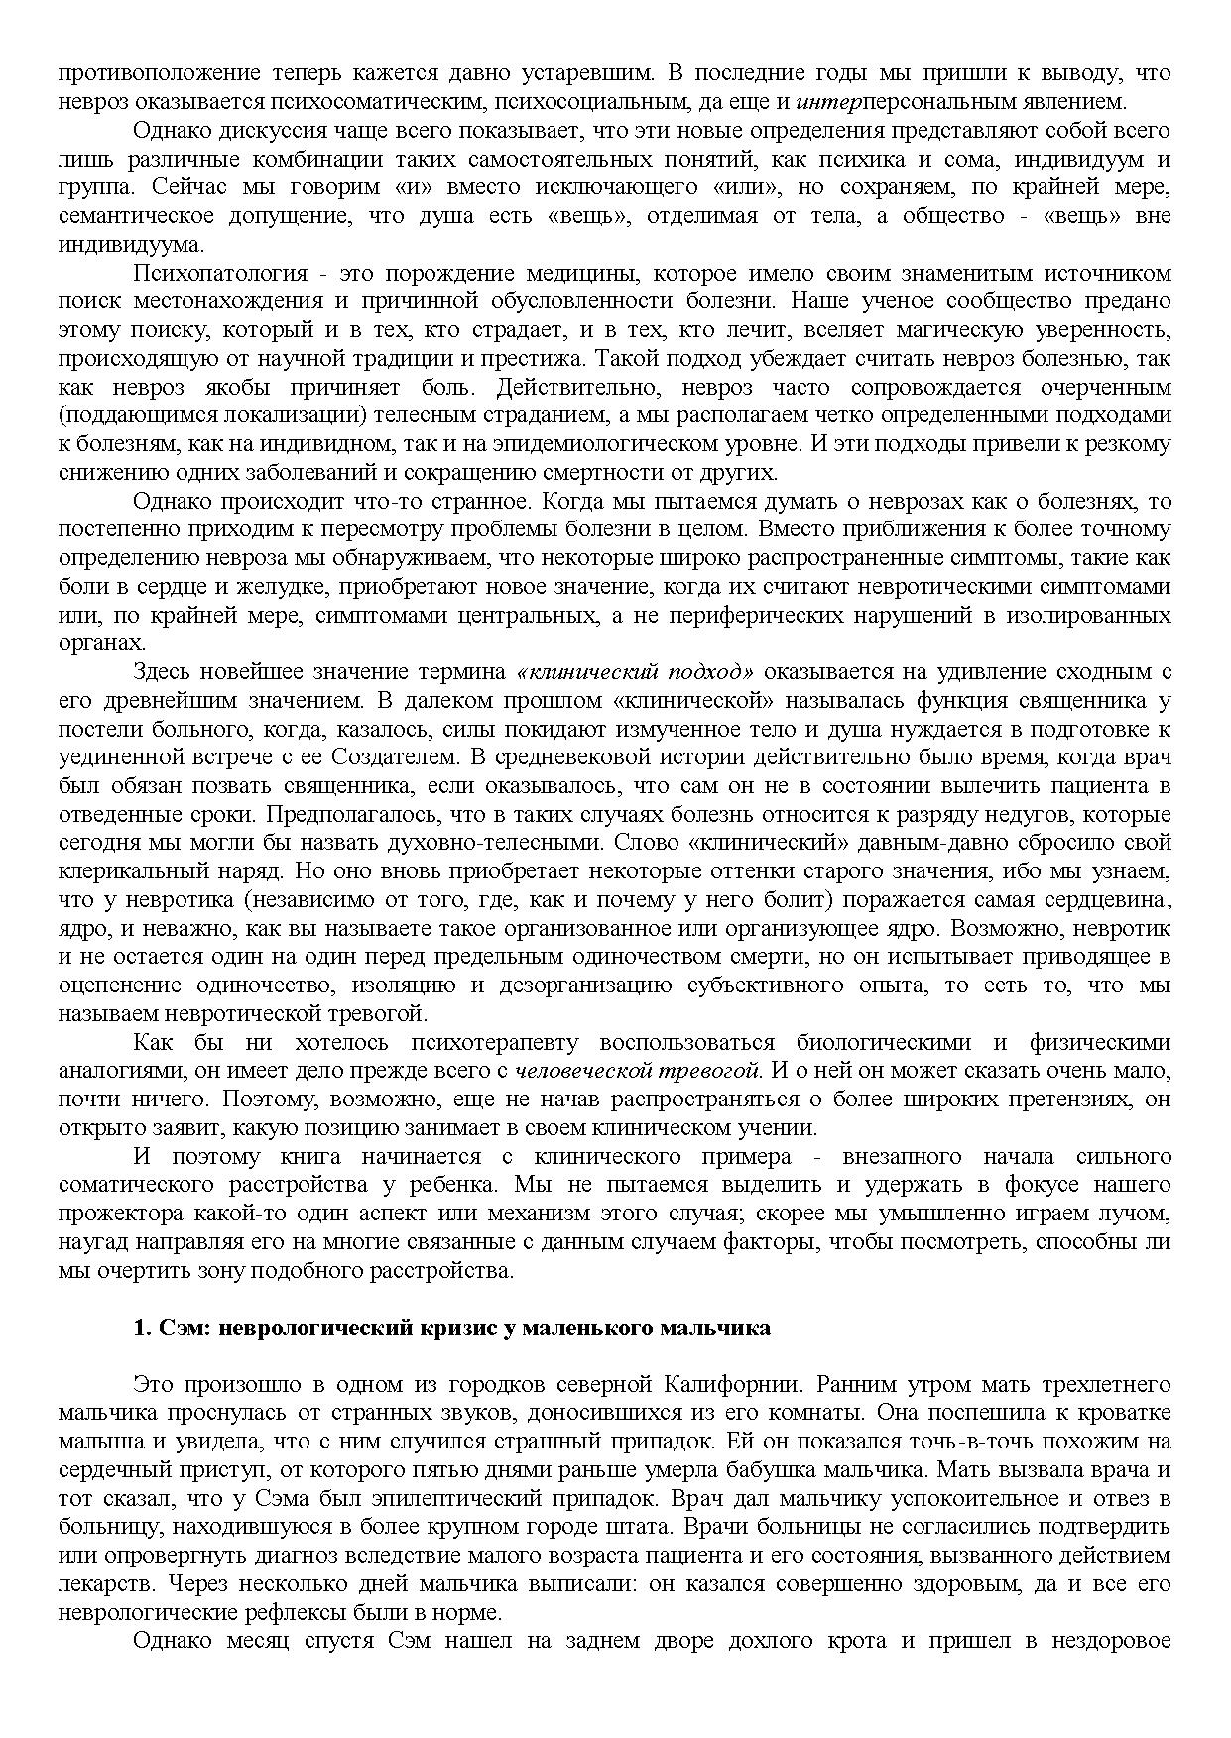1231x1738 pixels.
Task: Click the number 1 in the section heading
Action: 140,1329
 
